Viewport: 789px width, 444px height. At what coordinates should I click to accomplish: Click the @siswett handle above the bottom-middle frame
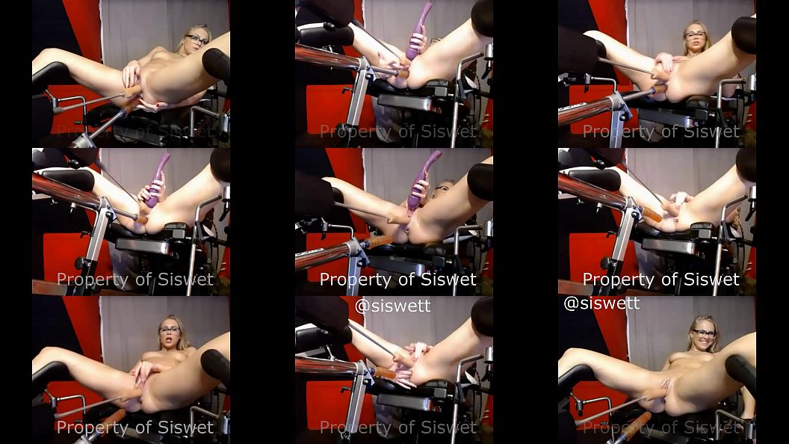(392, 306)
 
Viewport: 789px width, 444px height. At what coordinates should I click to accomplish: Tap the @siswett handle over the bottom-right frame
(601, 303)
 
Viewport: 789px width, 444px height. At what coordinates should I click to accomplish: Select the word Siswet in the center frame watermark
(448, 279)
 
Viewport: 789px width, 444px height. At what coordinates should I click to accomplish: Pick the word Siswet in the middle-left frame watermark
(186, 279)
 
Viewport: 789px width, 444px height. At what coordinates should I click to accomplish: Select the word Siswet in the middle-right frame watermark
(711, 279)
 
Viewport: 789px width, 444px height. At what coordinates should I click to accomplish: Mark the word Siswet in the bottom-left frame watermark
(186, 427)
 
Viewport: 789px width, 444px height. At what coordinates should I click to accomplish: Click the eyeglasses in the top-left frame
(197, 40)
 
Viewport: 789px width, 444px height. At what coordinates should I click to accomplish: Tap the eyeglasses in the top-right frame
(696, 34)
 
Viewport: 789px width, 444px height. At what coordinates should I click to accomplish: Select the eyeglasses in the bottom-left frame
(170, 330)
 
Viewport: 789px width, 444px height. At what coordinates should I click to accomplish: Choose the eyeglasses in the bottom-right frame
(705, 333)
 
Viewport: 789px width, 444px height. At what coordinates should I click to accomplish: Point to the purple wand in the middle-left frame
(157, 180)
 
